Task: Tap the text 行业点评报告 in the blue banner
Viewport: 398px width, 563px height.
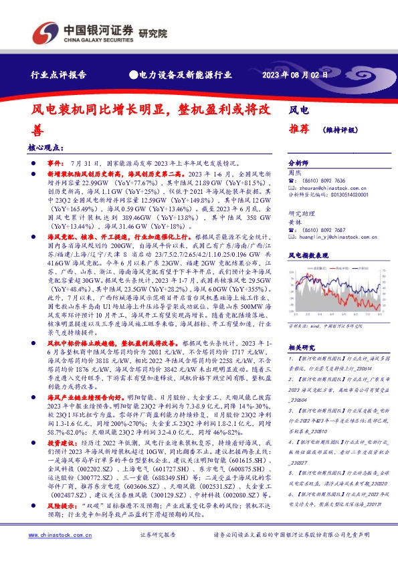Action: pos(59,75)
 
